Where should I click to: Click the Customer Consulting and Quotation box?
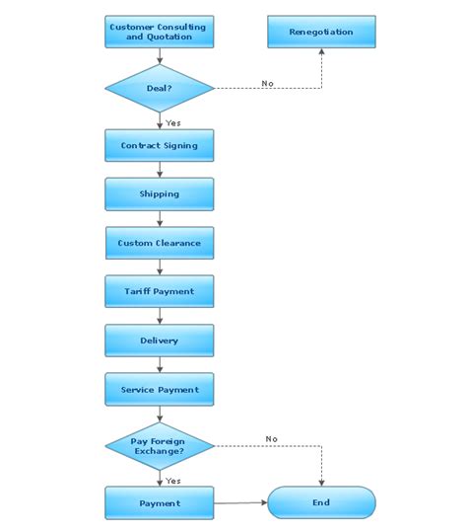click(160, 32)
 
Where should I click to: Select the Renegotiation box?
click(321, 32)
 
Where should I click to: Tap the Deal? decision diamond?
click(160, 88)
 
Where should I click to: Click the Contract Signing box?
click(160, 145)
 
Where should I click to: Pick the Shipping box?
click(160, 194)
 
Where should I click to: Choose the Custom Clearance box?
click(160, 243)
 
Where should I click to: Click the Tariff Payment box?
click(160, 291)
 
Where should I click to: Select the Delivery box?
click(160, 341)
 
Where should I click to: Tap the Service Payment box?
click(160, 389)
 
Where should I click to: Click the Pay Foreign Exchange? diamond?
click(160, 446)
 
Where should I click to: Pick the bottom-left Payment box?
click(160, 502)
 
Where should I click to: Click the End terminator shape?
click(321, 502)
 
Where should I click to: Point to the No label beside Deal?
click(268, 83)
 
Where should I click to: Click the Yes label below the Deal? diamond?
click(173, 122)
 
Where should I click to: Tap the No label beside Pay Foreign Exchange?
click(272, 439)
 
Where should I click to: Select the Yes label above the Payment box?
click(173, 481)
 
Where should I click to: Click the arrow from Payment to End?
click(240, 502)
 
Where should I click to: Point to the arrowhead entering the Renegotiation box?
click(321, 51)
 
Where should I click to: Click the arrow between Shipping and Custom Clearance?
click(160, 219)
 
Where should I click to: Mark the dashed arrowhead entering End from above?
click(321, 483)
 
